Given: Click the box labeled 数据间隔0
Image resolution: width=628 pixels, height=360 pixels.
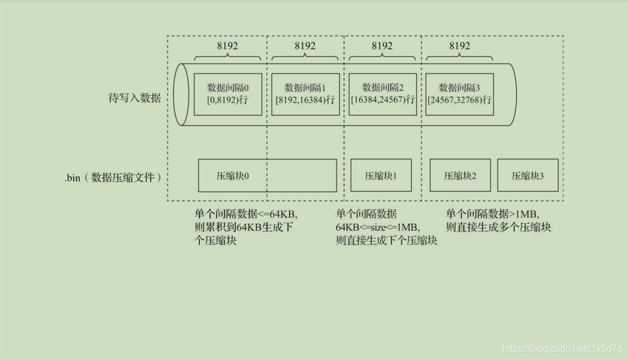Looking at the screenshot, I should click(x=228, y=94).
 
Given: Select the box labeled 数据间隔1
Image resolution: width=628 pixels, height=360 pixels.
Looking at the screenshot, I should click(x=304, y=94).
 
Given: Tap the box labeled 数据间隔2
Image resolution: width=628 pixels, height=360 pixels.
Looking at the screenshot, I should click(x=382, y=94).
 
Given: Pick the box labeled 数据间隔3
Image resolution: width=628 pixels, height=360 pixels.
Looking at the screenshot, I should click(x=459, y=94).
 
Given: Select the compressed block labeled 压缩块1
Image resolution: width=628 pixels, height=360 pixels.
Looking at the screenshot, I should click(x=381, y=176).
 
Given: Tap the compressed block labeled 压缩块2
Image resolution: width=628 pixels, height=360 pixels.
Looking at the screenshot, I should click(x=460, y=176).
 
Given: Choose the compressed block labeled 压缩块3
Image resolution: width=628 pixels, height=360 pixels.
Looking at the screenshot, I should click(x=527, y=176).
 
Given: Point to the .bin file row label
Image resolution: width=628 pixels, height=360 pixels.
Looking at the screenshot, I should click(x=113, y=177).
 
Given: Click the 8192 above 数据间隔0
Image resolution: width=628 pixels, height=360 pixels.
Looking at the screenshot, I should click(x=228, y=46).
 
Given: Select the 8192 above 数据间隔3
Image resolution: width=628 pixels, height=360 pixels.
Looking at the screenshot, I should click(x=459, y=46).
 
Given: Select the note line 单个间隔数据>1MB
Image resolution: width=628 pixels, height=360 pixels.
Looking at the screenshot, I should click(x=497, y=214).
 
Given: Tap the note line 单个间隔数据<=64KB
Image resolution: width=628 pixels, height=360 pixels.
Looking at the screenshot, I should click(x=246, y=214).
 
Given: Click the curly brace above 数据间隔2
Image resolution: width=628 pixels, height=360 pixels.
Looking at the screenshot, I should click(x=382, y=57).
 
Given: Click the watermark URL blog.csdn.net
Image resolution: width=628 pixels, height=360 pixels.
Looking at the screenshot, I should click(x=562, y=349).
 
